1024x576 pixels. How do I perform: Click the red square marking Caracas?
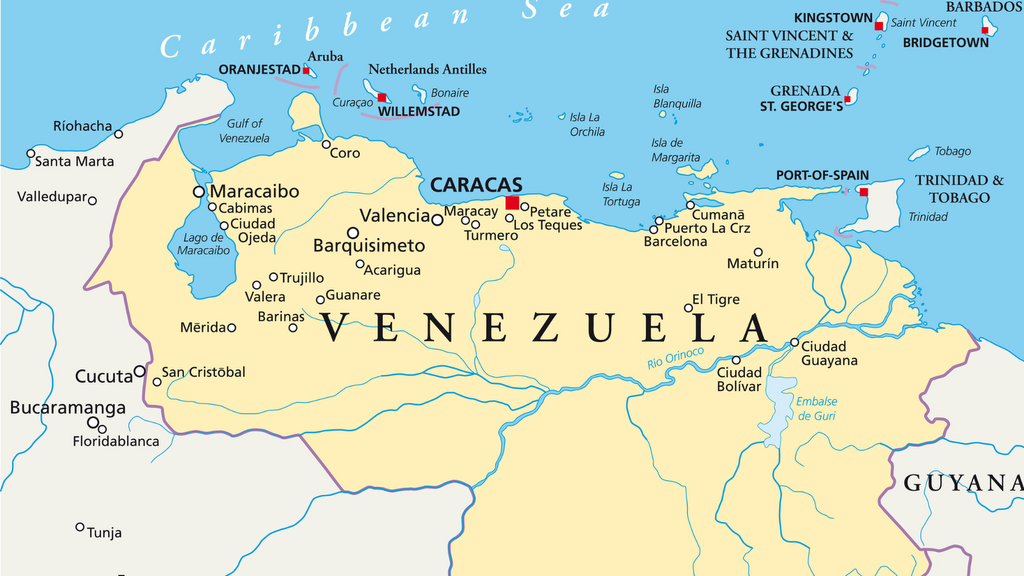(512, 202)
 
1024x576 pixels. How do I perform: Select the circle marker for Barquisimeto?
(353, 232)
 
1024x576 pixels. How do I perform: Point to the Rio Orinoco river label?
(676, 357)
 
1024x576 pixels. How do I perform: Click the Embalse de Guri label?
(817, 408)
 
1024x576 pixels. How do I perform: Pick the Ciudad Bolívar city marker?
(736, 360)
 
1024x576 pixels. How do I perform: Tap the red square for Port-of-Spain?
(864, 191)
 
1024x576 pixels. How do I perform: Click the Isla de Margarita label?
(675, 150)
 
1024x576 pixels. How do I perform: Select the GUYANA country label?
(962, 483)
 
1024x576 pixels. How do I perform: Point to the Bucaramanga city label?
(68, 408)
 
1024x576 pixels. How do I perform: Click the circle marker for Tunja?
(80, 527)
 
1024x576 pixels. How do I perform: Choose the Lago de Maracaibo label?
(204, 244)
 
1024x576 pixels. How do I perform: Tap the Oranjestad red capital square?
(306, 70)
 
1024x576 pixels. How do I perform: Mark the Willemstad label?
(419, 112)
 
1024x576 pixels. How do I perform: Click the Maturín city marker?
(758, 252)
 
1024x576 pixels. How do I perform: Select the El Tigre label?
(716, 299)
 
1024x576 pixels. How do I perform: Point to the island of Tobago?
(919, 154)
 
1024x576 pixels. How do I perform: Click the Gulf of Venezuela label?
(245, 130)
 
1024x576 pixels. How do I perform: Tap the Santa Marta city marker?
(30, 154)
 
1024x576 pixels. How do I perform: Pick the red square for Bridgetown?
(986, 32)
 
